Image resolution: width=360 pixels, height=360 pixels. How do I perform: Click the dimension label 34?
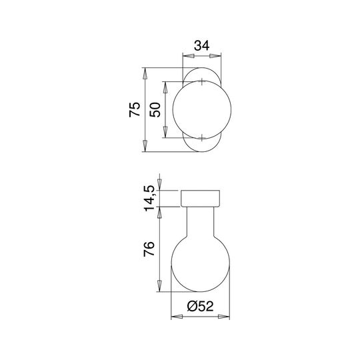pos(202,45)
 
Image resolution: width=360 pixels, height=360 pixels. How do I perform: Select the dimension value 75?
pos(135,109)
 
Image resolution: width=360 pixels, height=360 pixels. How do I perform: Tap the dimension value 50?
pos(155,110)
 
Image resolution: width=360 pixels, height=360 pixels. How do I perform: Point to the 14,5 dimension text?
pos(149,198)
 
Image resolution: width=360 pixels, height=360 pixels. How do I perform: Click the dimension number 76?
pos(149,249)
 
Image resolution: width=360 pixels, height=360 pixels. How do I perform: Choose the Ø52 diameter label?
pos(200,306)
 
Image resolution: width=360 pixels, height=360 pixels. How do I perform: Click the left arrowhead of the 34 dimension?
pos(188,56)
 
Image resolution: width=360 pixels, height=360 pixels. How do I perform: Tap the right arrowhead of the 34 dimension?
pos(215,56)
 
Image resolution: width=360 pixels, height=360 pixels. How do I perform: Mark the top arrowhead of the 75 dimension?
pos(145,73)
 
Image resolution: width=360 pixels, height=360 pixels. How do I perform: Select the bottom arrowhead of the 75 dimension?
pos(145,146)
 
